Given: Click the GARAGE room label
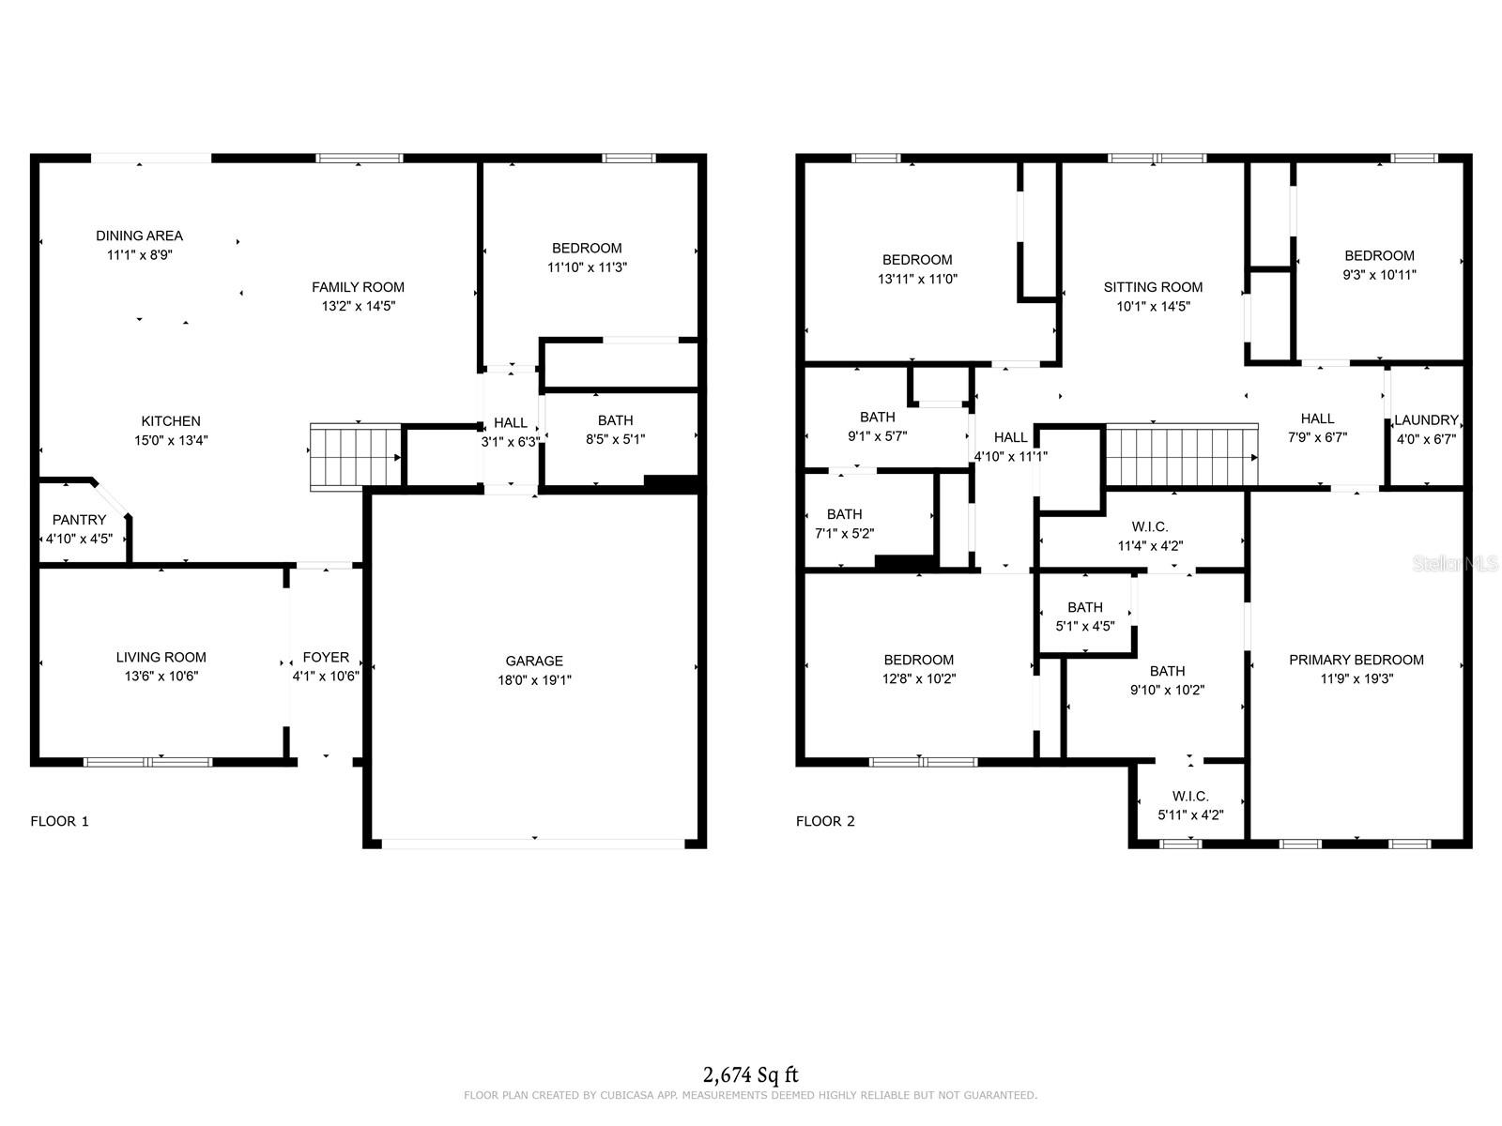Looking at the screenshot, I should tap(534, 661).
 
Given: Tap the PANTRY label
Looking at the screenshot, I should tap(79, 520).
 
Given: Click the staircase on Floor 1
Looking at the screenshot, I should tap(355, 457).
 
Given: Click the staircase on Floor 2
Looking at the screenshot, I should tap(1181, 456).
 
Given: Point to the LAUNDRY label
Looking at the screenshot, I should tap(1426, 420).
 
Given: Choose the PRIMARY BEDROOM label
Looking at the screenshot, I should tap(1356, 660).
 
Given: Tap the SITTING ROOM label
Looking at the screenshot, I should tap(1153, 287).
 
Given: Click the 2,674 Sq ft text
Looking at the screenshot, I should tap(750, 1074).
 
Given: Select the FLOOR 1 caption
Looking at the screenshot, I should tap(59, 821).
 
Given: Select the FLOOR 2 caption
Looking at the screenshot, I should tap(825, 821).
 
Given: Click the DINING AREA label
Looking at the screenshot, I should tap(139, 236).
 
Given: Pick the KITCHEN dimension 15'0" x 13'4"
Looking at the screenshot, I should tap(171, 440).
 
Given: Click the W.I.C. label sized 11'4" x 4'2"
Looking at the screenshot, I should tap(1150, 527).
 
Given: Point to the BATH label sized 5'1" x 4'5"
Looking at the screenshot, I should tap(1085, 607).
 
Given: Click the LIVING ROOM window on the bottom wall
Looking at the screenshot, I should tap(148, 762).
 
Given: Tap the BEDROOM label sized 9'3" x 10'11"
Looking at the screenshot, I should tap(1379, 255).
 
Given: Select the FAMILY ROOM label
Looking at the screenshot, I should tap(358, 287).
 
